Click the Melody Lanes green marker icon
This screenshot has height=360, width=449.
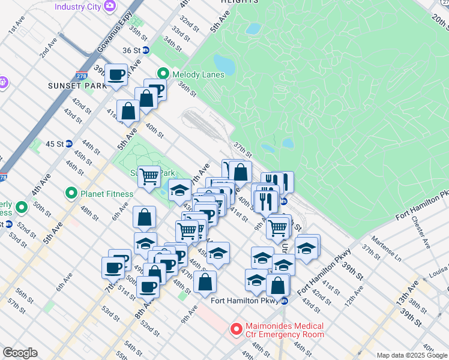coord(163,74)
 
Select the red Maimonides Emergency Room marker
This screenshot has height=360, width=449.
coord(236,329)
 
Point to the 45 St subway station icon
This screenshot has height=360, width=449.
coord(69,144)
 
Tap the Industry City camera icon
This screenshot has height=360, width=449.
coord(110,6)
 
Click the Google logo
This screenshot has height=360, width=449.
coord(20,353)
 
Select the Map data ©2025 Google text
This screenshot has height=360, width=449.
coord(411,355)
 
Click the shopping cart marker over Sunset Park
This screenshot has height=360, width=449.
coord(149,176)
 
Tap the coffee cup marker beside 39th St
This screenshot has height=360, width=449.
coord(116,75)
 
